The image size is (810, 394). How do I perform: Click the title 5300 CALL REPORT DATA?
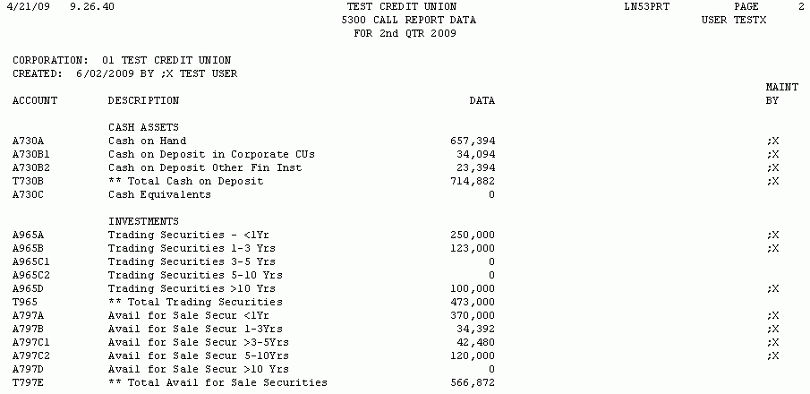pos(403,20)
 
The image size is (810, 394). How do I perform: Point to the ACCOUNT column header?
pos(35,100)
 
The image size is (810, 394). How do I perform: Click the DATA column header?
pos(482,100)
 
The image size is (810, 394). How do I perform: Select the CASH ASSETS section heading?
pos(143,127)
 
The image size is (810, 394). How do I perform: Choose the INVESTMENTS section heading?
pos(143,221)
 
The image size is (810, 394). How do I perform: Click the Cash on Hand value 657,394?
pos(473,141)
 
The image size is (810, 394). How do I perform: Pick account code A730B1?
pos(31,154)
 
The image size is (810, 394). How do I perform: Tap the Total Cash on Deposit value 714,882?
pos(473,181)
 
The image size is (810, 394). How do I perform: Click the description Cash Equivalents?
pos(153,194)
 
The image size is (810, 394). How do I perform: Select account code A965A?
pos(29,235)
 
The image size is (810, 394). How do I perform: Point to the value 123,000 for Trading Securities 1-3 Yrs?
pos(473,248)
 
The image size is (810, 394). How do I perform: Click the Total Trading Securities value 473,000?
pos(473,302)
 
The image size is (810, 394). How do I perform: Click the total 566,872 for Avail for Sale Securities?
pos(473,382)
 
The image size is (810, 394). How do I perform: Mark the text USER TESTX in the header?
pos(734,20)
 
